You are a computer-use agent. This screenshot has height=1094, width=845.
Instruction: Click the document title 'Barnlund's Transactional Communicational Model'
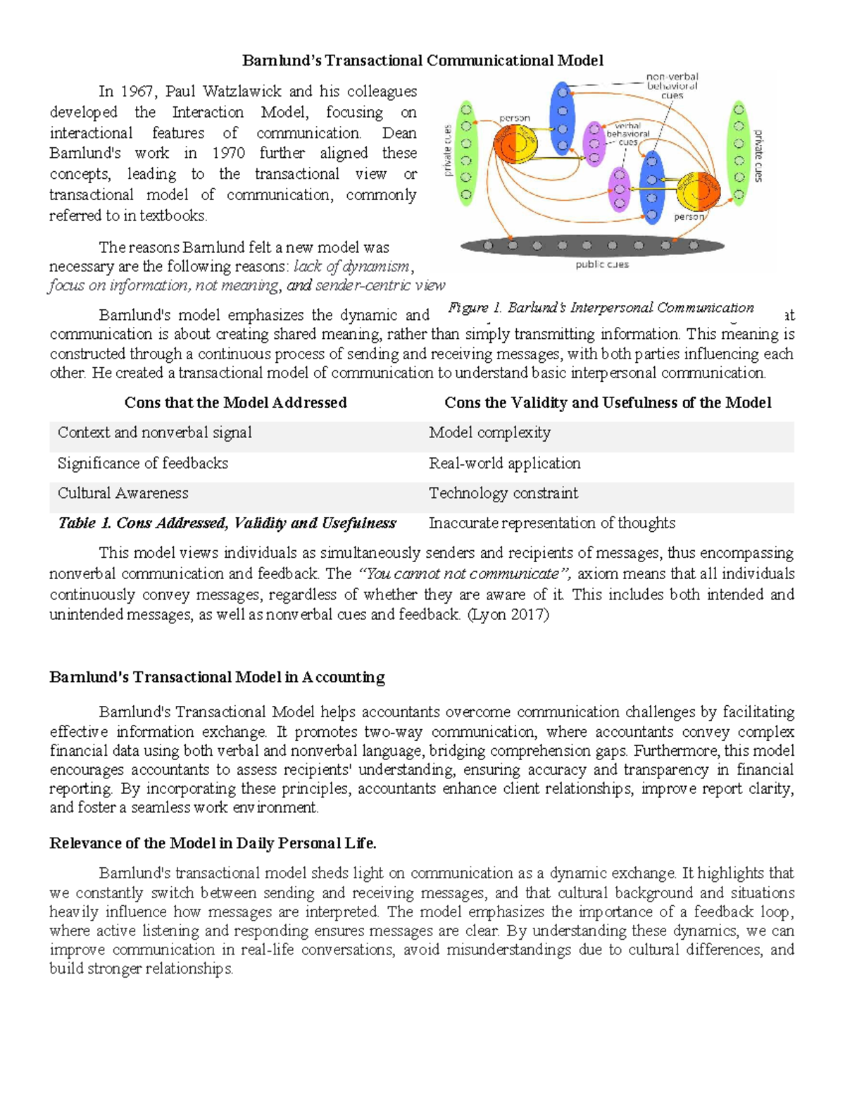[x=423, y=61]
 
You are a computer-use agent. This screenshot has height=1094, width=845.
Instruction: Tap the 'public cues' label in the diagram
[x=601, y=265]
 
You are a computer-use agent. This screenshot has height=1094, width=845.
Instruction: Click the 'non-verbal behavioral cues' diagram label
[x=672, y=86]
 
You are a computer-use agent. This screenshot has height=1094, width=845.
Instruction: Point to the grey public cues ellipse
[x=591, y=246]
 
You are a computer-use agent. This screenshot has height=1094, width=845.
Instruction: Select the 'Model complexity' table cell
[x=489, y=433]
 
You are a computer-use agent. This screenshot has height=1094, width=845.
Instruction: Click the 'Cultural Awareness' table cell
[x=123, y=493]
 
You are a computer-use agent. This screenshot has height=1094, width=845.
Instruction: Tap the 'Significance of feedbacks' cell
[x=143, y=463]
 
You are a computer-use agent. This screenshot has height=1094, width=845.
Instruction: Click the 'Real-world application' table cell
[x=504, y=463]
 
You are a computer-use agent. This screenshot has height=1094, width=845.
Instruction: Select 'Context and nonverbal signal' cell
[x=154, y=433]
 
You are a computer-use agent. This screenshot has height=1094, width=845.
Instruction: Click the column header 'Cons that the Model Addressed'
[x=235, y=402]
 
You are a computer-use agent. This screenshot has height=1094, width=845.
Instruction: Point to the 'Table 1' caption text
[x=226, y=523]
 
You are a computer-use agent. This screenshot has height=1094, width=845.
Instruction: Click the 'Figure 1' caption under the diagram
[x=601, y=308]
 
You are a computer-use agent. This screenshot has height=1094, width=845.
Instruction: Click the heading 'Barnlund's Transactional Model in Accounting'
[x=217, y=677]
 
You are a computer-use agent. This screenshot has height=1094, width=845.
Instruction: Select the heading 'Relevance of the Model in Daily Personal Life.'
[x=213, y=843]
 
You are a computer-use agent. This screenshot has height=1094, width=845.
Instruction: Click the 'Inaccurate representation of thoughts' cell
[x=551, y=523]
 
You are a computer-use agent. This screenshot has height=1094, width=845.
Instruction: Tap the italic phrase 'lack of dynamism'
[x=351, y=266]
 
